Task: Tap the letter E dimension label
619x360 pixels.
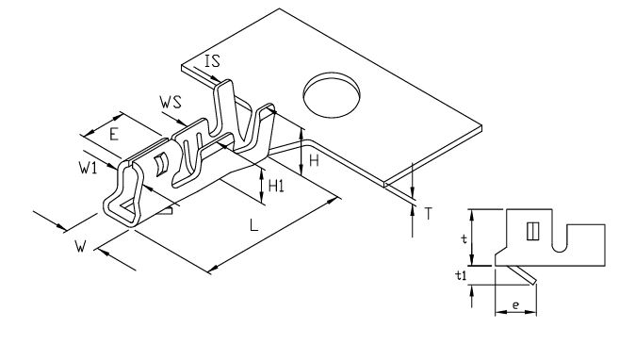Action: click(x=113, y=134)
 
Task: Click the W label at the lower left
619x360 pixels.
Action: click(x=81, y=247)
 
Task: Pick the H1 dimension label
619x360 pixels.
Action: click(x=276, y=187)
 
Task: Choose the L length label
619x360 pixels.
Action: click(x=256, y=226)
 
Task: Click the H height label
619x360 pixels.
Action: click(x=314, y=162)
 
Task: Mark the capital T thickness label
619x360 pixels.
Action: click(x=428, y=213)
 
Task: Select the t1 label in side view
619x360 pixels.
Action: click(x=460, y=276)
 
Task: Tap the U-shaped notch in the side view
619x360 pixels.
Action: click(x=561, y=243)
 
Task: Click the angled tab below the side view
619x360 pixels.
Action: click(x=521, y=275)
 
